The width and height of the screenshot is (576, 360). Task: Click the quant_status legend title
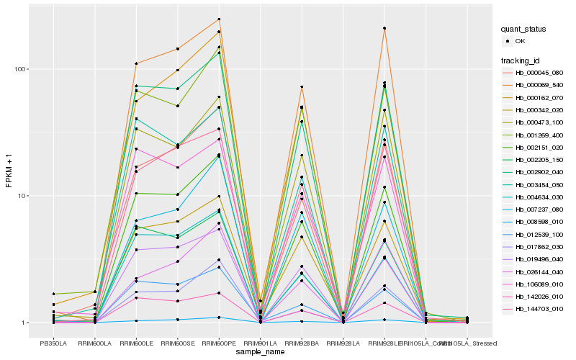(x=523, y=29)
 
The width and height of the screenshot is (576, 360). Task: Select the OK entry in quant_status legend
(x=521, y=41)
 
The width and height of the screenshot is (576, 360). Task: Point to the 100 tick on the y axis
(x=21, y=69)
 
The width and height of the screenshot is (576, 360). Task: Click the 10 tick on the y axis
(x=23, y=196)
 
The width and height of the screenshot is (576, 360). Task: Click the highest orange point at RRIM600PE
(x=219, y=19)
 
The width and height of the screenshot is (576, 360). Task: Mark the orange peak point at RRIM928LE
(x=384, y=28)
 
